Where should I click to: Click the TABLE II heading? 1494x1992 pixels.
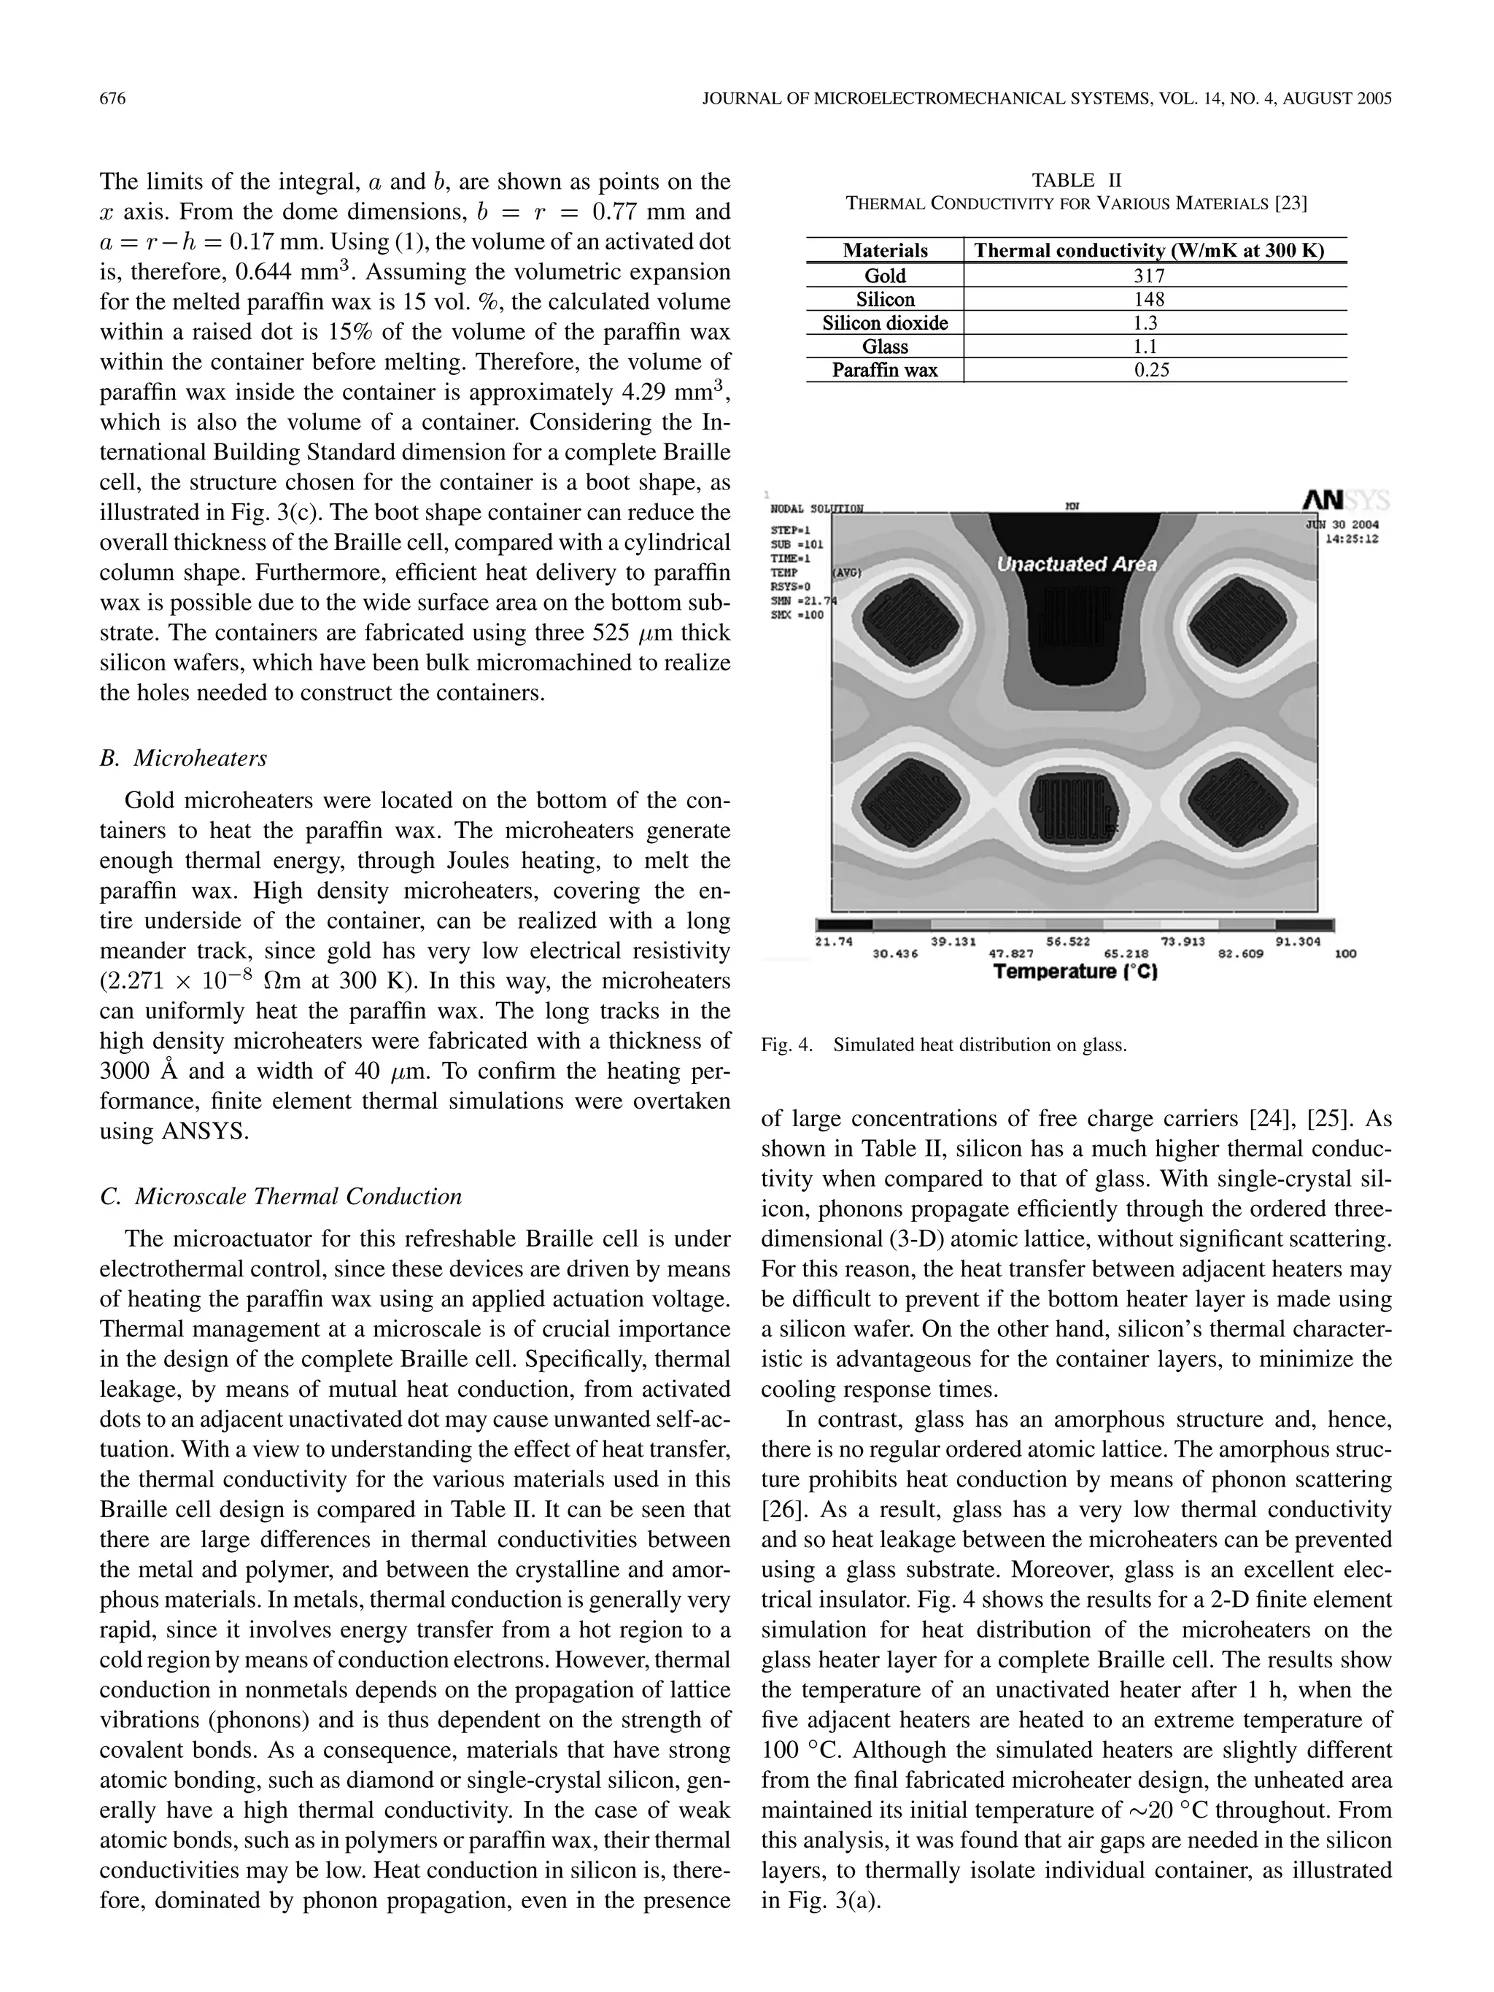(x=1076, y=180)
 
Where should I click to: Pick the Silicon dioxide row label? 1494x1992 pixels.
(x=884, y=323)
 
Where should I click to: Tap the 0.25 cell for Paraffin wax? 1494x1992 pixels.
(x=1152, y=370)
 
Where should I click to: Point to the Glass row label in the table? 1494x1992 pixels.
(x=884, y=346)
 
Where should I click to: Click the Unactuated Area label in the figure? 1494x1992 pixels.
(x=1076, y=565)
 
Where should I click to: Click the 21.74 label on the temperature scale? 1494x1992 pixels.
(x=834, y=941)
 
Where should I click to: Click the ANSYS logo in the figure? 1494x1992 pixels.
(x=1344, y=500)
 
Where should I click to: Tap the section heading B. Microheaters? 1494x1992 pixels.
(x=184, y=759)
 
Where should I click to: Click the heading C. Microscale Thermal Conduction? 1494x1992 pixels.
(x=281, y=1197)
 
